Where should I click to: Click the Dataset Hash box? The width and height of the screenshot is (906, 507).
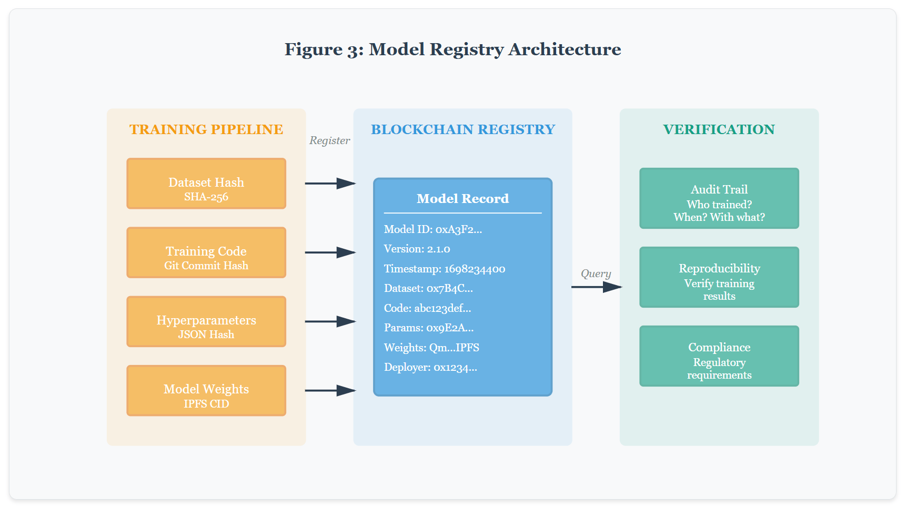click(206, 184)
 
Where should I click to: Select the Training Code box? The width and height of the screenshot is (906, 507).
click(206, 252)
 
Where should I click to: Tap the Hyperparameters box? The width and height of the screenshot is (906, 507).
click(206, 321)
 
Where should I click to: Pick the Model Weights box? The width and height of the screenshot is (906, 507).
click(206, 390)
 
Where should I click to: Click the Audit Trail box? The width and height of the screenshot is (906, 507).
click(719, 198)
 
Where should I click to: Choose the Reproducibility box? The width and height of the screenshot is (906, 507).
click(719, 277)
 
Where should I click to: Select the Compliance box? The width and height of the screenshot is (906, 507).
click(719, 356)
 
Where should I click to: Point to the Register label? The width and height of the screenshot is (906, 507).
click(329, 140)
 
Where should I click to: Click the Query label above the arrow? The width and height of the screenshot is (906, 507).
click(596, 273)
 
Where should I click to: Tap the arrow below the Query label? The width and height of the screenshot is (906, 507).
click(597, 287)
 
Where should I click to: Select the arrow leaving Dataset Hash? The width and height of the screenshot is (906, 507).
click(330, 184)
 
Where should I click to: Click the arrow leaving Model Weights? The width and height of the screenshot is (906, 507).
click(330, 390)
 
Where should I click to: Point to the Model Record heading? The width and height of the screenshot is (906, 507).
click(462, 199)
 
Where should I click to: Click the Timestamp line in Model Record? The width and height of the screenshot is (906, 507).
click(445, 269)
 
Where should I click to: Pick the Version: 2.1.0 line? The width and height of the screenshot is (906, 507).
click(417, 249)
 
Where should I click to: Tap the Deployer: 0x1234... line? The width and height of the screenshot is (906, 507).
click(430, 367)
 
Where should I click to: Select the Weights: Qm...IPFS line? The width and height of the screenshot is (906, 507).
click(431, 348)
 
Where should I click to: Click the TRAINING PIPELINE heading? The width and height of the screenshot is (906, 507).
click(206, 129)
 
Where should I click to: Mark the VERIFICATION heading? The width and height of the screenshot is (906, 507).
click(719, 129)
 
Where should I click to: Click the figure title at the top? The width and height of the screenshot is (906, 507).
click(452, 49)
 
